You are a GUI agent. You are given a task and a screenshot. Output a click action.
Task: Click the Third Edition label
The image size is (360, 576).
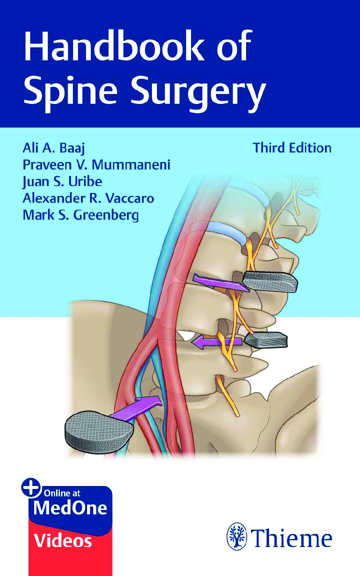(292, 148)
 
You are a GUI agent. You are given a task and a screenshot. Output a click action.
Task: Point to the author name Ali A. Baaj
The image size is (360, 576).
(53, 148)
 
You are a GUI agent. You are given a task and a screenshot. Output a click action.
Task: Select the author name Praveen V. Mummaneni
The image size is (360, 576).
(96, 165)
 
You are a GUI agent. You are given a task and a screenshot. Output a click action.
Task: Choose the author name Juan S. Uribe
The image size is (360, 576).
(62, 182)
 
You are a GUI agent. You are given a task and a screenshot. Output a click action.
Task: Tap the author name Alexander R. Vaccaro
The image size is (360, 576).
(88, 198)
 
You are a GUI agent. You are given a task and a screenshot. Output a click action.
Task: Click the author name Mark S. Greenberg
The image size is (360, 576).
(81, 215)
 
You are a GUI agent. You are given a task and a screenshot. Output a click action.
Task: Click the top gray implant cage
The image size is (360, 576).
(270, 282)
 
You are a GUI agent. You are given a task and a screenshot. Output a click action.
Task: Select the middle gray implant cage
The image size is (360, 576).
(266, 340)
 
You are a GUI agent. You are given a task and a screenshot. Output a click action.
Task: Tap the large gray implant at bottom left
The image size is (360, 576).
(98, 430)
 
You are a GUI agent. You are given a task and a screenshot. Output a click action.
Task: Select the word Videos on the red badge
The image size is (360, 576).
(63, 541)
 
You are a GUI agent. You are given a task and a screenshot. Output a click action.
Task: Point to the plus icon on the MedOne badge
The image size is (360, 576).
(31, 488)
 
